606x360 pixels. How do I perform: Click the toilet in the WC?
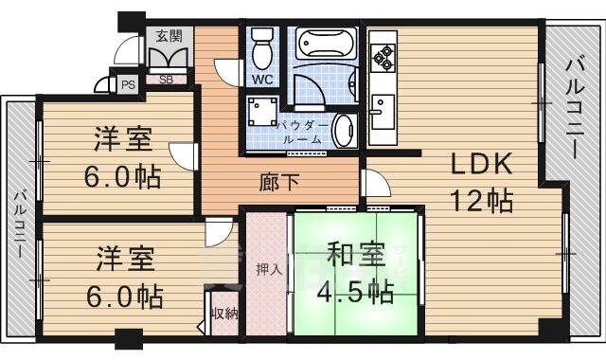(x=261, y=45)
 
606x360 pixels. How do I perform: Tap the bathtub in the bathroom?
(x=326, y=45)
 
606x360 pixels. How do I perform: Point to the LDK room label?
(x=480, y=164)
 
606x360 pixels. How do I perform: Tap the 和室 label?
(x=356, y=256)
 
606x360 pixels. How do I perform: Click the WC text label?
(x=262, y=80)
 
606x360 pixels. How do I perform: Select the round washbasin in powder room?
(x=344, y=130)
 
